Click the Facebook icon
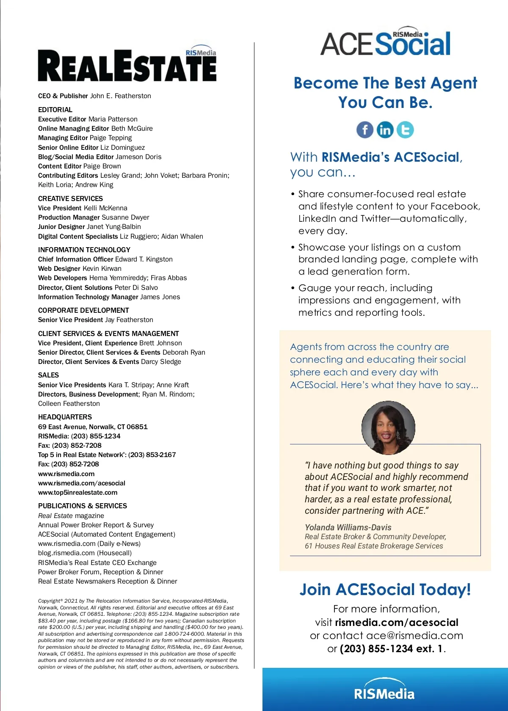coord(365,130)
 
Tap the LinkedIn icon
coord(385,130)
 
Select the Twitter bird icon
coord(405,130)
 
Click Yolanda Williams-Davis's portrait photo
coord(388,427)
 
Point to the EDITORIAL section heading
coord(55,110)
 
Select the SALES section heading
coord(48,375)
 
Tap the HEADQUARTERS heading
coord(65,417)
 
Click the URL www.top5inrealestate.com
coord(78,493)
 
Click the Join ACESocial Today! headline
coord(385,590)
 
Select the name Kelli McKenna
coord(105,208)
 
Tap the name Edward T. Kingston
coord(144,259)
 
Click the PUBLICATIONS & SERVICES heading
coord(83,506)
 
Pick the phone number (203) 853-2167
coord(152,455)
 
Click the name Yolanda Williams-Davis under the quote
coord(348,527)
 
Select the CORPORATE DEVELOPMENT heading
coord(83,310)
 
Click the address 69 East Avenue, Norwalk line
coord(93,427)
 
